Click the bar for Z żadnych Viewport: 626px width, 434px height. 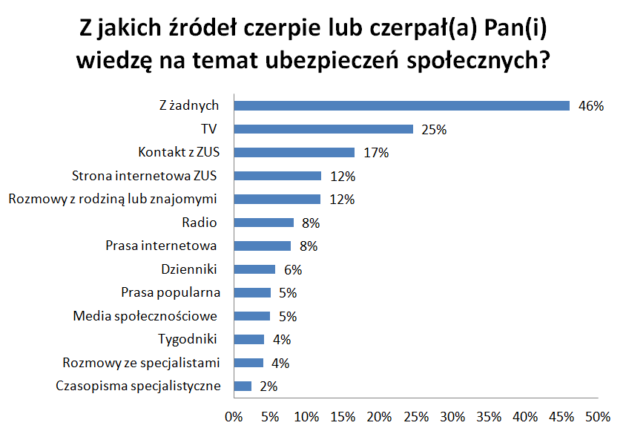point(401,105)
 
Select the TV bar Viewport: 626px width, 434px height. point(323,129)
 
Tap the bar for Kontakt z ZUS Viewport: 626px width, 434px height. point(294,152)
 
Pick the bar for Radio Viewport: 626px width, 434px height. point(263,223)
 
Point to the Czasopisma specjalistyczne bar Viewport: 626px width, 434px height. point(243,386)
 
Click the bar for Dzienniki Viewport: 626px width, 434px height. point(254,269)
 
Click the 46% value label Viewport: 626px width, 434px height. point(591,106)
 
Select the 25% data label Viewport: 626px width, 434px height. point(434,130)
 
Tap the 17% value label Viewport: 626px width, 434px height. point(375,153)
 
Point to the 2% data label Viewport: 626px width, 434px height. point(268,387)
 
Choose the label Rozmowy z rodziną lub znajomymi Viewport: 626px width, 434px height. point(113,199)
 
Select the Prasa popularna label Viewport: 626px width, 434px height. point(171,292)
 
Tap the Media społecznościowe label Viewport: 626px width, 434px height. point(145,316)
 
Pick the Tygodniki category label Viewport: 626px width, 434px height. point(188,339)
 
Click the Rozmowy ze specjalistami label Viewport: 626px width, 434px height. point(142,363)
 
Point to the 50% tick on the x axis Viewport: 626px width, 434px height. point(598,415)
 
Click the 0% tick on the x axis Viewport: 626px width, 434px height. point(234,415)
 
